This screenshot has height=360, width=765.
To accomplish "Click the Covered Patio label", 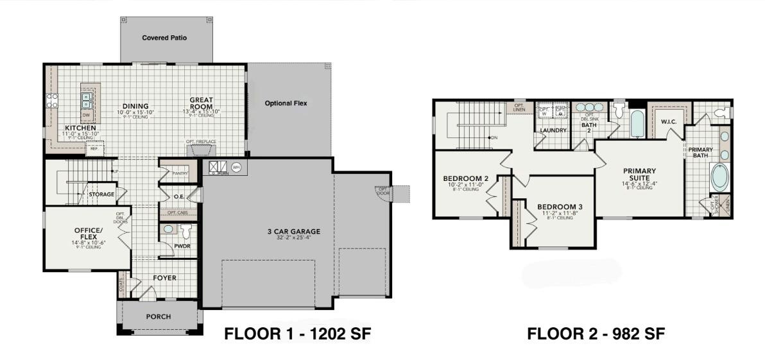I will (x=164, y=38).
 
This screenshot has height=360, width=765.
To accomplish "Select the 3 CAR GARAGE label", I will (x=294, y=232).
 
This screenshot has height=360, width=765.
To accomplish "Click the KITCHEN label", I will (x=80, y=128).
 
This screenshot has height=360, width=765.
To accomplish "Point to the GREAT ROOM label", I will (x=201, y=103).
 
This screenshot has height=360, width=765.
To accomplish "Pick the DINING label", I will (x=133, y=107).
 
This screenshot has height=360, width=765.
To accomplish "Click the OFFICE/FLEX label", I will (x=88, y=234).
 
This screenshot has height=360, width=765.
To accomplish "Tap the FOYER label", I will (x=164, y=278).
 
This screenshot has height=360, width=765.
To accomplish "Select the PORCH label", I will (x=159, y=316).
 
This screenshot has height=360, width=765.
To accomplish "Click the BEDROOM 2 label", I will (x=466, y=178).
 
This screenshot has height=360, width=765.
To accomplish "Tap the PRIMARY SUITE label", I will (x=639, y=175).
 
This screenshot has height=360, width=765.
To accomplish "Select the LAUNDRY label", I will (x=553, y=130).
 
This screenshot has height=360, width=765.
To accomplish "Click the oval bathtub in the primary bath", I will (x=719, y=178).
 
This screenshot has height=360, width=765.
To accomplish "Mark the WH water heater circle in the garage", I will (x=236, y=167).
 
